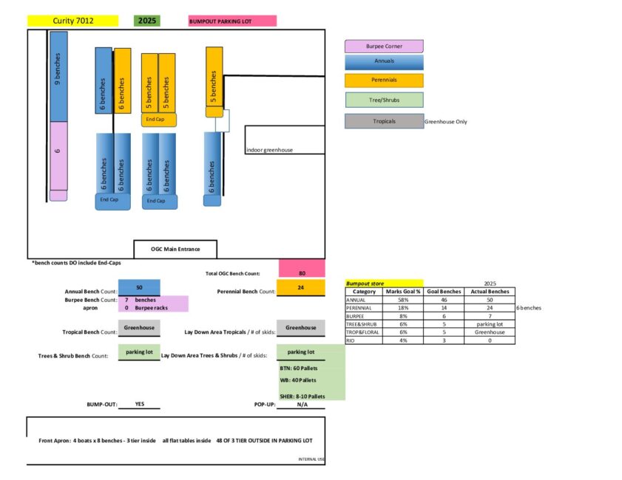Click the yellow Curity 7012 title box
pyautogui.click(x=72, y=21)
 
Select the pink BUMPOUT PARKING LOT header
pyautogui.click(x=232, y=21)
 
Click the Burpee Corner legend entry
pyautogui.click(x=384, y=47)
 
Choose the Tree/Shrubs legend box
pyautogui.click(x=384, y=100)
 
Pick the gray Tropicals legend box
pyautogui.click(x=384, y=121)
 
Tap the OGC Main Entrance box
pyautogui.click(x=176, y=249)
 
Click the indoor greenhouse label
pyautogui.click(x=269, y=151)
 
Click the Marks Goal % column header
pyautogui.click(x=402, y=292)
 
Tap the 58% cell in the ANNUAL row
pyautogui.click(x=402, y=300)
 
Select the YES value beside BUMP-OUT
pyautogui.click(x=139, y=405)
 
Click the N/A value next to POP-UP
pyautogui.click(x=301, y=405)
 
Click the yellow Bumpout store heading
pyautogui.click(x=384, y=283)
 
